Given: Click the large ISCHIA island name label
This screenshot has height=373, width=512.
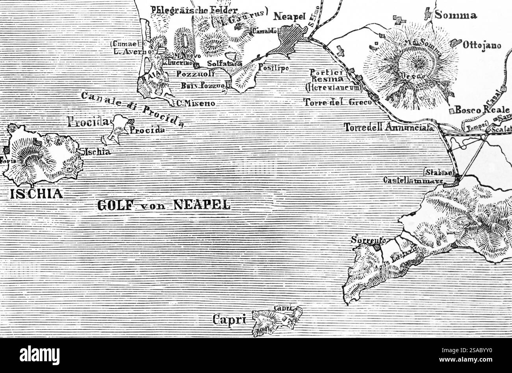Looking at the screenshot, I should tap(37, 193).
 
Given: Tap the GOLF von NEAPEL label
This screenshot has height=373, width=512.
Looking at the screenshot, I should tap(163, 205).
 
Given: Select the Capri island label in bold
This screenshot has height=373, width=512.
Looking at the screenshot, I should tap(229, 319).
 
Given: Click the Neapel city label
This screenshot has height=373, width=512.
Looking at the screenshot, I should tap(289, 16).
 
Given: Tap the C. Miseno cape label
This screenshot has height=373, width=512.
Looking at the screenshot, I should tap(196, 103).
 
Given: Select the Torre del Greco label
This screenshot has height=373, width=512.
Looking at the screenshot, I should tap(338, 102).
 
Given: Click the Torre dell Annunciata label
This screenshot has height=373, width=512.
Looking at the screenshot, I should tap(389, 127).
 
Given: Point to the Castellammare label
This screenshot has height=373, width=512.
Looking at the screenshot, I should tap(413, 180).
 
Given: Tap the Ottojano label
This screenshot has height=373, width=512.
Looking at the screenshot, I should tap(482, 45).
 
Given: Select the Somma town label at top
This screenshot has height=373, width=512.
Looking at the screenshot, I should tap(456, 15).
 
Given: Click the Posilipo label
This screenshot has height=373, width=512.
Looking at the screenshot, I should tap(273, 68).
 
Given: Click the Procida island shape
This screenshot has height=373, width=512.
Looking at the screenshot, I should tap(116, 128).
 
